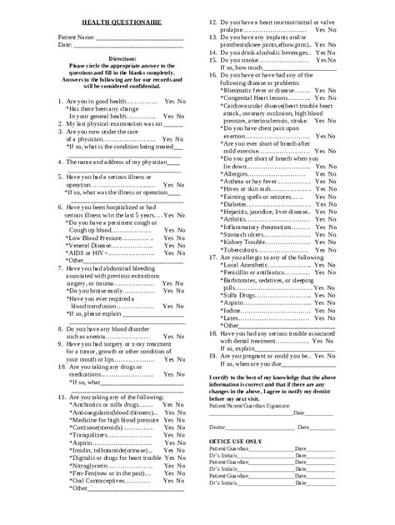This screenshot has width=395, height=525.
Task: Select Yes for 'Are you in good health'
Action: [170, 102]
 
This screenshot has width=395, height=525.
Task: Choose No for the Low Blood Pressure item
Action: [182, 239]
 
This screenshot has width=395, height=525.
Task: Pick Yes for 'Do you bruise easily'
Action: [168, 292]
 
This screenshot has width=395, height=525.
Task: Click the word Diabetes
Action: [236, 204]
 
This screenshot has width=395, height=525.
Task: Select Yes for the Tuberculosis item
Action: [318, 250]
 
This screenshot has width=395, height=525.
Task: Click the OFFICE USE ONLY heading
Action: [236, 441]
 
